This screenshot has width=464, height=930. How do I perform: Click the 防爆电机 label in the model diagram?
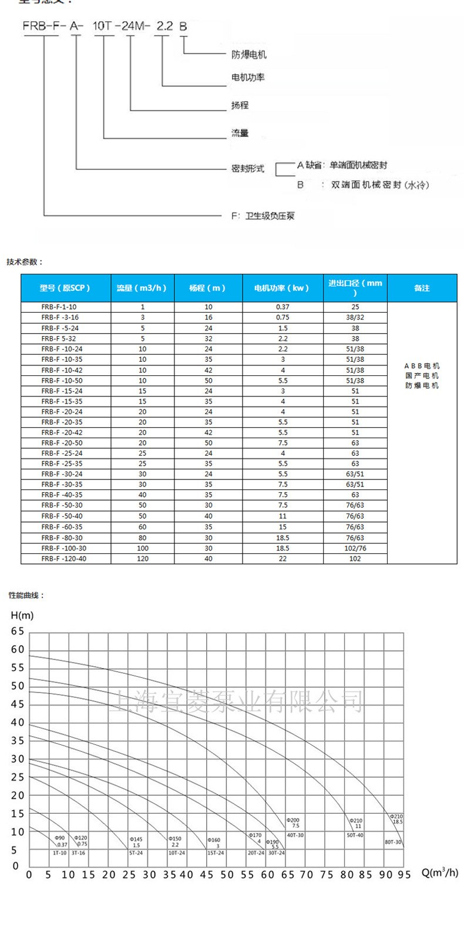coord(248,55)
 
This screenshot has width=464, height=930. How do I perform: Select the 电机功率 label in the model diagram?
coord(247,78)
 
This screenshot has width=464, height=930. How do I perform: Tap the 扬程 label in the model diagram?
coord(240,105)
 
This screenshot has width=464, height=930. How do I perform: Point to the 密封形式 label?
coord(247,169)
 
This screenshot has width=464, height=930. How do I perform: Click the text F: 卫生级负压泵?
coord(263,216)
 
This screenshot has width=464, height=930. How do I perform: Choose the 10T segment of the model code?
coord(103,26)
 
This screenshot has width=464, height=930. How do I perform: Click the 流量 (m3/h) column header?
coord(142,288)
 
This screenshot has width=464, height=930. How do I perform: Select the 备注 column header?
coord(422,288)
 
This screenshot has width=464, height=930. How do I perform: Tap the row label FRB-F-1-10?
coord(59,307)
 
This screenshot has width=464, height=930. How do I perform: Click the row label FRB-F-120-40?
coord(63,559)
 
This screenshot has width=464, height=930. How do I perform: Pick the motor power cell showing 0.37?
coord(283,307)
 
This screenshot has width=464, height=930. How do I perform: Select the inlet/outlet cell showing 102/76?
coord(355,548)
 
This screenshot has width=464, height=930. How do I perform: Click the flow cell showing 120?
coord(142,559)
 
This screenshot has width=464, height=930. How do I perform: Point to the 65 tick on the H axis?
coord(18,632)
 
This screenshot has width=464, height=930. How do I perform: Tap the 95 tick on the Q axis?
coord(404,875)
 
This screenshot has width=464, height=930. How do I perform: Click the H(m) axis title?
coord(22,616)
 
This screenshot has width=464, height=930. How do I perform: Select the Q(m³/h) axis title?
coord(440,872)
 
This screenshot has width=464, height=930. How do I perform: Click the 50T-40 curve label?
coord(355,835)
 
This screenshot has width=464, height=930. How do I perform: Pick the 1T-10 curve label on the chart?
coord(60,852)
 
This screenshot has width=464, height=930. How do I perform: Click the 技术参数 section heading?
coord(25,262)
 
